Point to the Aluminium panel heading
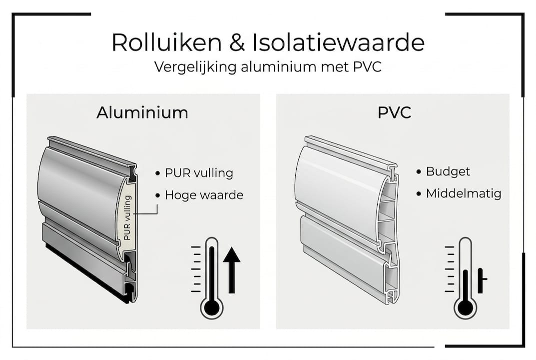pos(142,112)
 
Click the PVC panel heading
pos(394,112)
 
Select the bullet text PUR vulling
pos(199,173)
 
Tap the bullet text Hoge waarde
pos(204,195)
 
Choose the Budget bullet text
pos(448,171)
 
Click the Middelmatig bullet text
pos(464,193)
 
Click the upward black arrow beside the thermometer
pos(231,270)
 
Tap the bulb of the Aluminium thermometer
pos(212,307)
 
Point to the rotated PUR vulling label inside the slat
pos(127,218)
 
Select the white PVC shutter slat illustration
pos(345,215)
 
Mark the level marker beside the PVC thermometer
pos(482,280)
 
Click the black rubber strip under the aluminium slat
pos(85,272)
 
